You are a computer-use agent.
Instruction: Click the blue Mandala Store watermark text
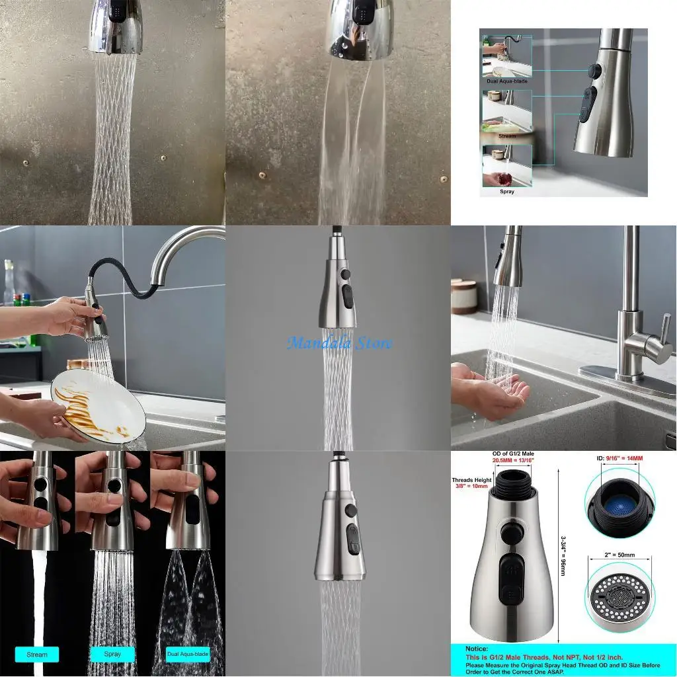[340, 343]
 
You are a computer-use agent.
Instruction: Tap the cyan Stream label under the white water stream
[37, 655]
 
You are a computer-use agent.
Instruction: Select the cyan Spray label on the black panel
[112, 654]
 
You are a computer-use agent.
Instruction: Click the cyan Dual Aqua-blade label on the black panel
[188, 655]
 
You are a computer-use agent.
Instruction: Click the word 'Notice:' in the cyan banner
[476, 649]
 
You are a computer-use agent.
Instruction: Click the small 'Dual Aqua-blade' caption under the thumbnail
[506, 81]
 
